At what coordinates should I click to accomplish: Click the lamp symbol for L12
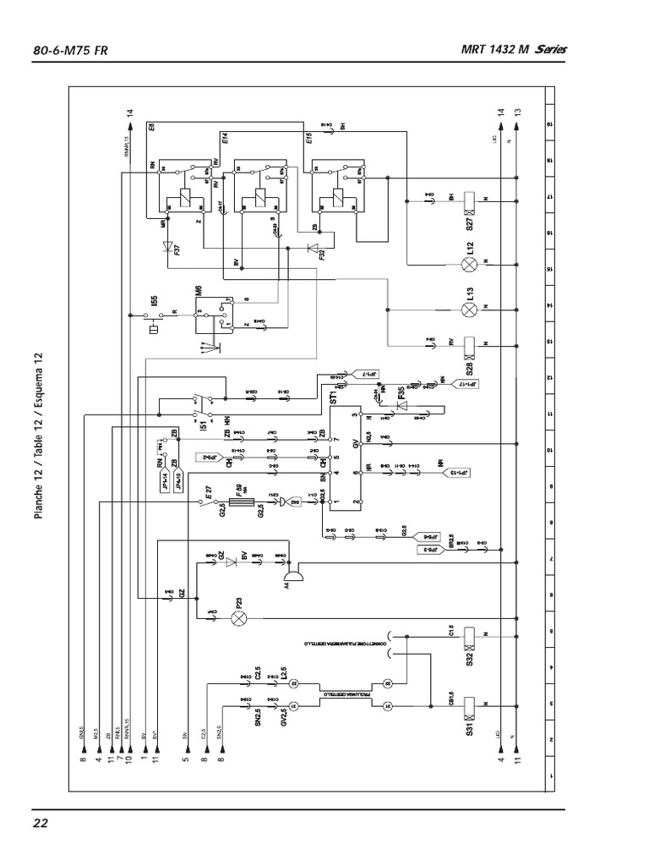[x=471, y=264]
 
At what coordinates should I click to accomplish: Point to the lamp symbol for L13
[x=471, y=309]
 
